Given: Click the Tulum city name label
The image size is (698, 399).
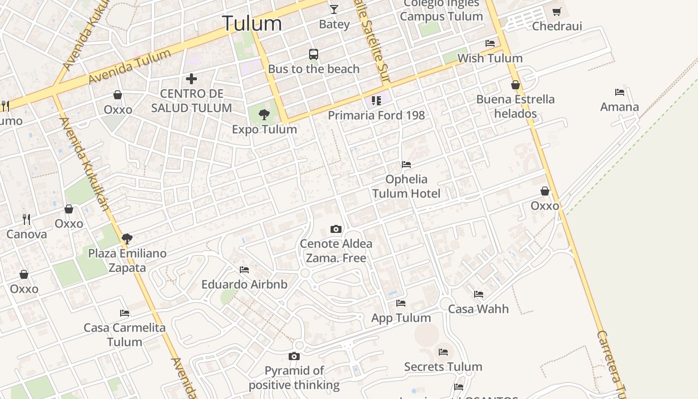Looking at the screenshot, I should tap(252, 23).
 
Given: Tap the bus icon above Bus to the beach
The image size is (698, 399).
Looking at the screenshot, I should tap(314, 54).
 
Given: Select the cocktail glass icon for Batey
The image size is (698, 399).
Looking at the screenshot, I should tap(334, 9).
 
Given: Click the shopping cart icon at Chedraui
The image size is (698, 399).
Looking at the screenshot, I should tap(557, 11).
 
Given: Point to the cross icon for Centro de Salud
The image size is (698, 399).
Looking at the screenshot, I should tap(191, 79).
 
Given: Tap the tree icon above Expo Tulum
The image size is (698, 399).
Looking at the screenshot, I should tap(264, 115).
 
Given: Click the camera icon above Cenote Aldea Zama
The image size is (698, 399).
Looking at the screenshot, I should tap(336, 229).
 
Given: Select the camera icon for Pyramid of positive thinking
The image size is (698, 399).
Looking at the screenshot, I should tap(294, 356).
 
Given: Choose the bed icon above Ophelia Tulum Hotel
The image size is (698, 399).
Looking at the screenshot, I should tap(406, 165).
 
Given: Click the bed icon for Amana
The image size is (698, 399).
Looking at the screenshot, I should tap(620, 92).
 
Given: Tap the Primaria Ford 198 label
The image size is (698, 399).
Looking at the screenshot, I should tap(376, 115).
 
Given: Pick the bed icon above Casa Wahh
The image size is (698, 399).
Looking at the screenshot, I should tap(479, 294).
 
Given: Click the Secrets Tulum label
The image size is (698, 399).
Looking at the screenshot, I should tap(443, 367).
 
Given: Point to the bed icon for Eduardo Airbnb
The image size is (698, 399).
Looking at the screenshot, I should tap(244, 270).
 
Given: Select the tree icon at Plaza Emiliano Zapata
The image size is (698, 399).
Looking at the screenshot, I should tap(127, 238).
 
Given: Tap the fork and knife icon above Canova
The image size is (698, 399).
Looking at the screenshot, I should tap(26, 219).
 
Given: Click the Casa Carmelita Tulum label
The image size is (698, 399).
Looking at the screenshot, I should tap(125, 335).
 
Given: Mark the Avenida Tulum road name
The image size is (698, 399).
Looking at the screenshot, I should tap(130, 67).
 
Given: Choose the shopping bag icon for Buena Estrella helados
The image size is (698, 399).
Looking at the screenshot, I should tap(516, 85).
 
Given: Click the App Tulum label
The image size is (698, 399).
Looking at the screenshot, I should tap(401, 318).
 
